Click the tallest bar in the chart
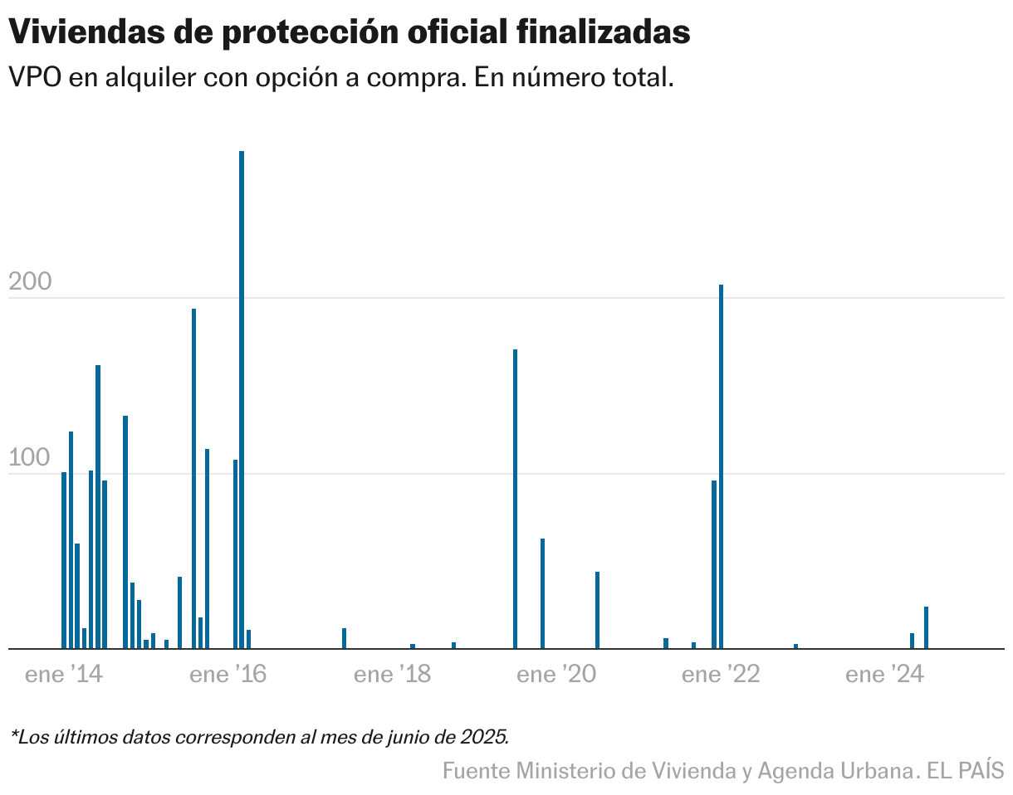click(x=242, y=398)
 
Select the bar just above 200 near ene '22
click(x=721, y=465)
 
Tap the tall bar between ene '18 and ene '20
click(x=515, y=498)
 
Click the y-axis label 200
click(x=30, y=282)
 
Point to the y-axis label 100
click(x=30, y=459)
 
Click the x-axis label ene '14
click(x=64, y=676)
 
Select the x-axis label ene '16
click(x=228, y=676)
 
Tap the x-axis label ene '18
click(x=392, y=676)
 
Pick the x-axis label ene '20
click(x=556, y=676)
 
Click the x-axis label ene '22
click(x=721, y=676)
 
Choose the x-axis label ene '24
click(x=884, y=676)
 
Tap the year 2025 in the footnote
click(x=484, y=736)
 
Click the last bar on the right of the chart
click(x=926, y=627)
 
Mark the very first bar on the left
click(x=64, y=560)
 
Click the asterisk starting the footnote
click(x=13, y=734)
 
